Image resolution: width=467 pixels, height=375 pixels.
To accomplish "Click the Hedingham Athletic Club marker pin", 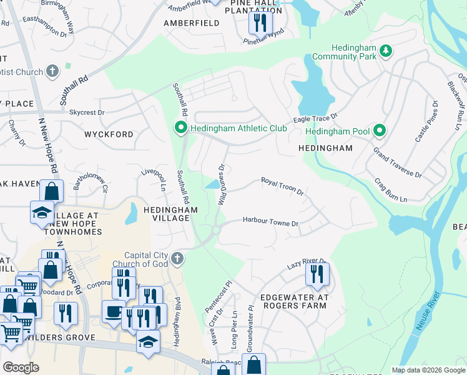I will click(x=181, y=129).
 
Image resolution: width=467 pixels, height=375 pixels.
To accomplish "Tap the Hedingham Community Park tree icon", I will click(x=386, y=50).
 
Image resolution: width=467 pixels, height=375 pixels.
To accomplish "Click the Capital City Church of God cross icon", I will click(x=177, y=259).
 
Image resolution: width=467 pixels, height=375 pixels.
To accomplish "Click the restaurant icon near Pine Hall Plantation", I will click(x=258, y=24).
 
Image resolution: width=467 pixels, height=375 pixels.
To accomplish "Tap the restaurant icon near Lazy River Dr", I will click(x=317, y=273).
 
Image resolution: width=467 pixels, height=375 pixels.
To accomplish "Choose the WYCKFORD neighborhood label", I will click(x=109, y=134).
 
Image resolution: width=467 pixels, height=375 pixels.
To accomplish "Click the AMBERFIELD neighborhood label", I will click(x=191, y=23).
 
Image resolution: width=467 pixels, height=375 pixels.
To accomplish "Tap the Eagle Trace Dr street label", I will click(x=315, y=118).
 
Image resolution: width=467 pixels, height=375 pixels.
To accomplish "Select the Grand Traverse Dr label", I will click(x=398, y=163).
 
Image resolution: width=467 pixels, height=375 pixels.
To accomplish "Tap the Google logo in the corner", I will click(x=21, y=367).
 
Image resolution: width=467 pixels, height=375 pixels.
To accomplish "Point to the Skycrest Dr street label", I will click(x=87, y=112).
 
